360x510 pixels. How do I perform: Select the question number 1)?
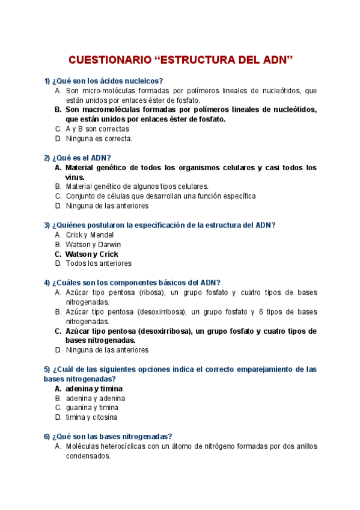coord(47,81)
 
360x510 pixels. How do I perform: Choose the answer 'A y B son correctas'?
coord(97,129)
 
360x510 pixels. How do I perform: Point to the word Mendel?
coord(102,235)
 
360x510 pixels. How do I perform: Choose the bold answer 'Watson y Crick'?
coord(91,254)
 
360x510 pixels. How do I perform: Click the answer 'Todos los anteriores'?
coord(98,263)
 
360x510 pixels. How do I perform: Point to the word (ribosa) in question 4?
coord(147,292)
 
